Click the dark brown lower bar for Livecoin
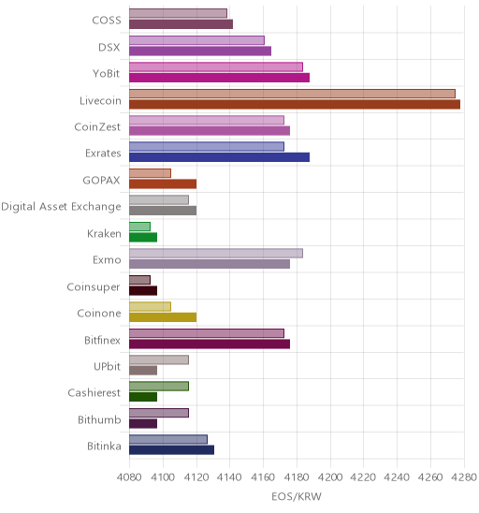tap(295, 104)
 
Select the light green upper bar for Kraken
tap(139, 227)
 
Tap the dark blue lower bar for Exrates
tap(220, 157)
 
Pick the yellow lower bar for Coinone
tap(163, 317)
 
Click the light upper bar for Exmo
tap(216, 254)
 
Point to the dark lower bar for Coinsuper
tap(143, 290)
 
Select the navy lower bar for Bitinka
tap(171, 450)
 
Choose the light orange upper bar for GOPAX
tap(150, 173)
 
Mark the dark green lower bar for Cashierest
tap(143, 397)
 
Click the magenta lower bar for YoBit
tap(220, 78)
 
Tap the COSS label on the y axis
tap(107, 21)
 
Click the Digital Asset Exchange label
tap(61, 207)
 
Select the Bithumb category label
tap(99, 419)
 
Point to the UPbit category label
tap(107, 366)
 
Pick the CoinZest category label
tap(97, 127)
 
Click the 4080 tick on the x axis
tap(129, 477)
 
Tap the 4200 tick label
tap(330, 477)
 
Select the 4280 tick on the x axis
tap(464, 477)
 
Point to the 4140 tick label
tap(229, 477)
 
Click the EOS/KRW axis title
tap(297, 497)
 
